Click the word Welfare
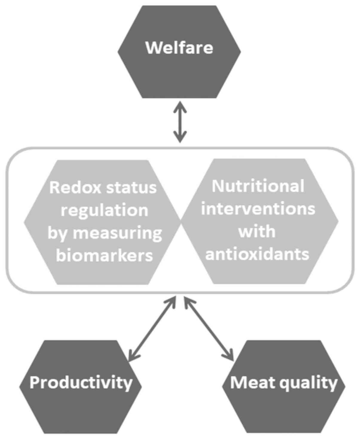click(179, 48)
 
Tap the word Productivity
click(81, 382)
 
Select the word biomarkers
click(105, 256)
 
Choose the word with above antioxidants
click(257, 231)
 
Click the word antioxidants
click(257, 254)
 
